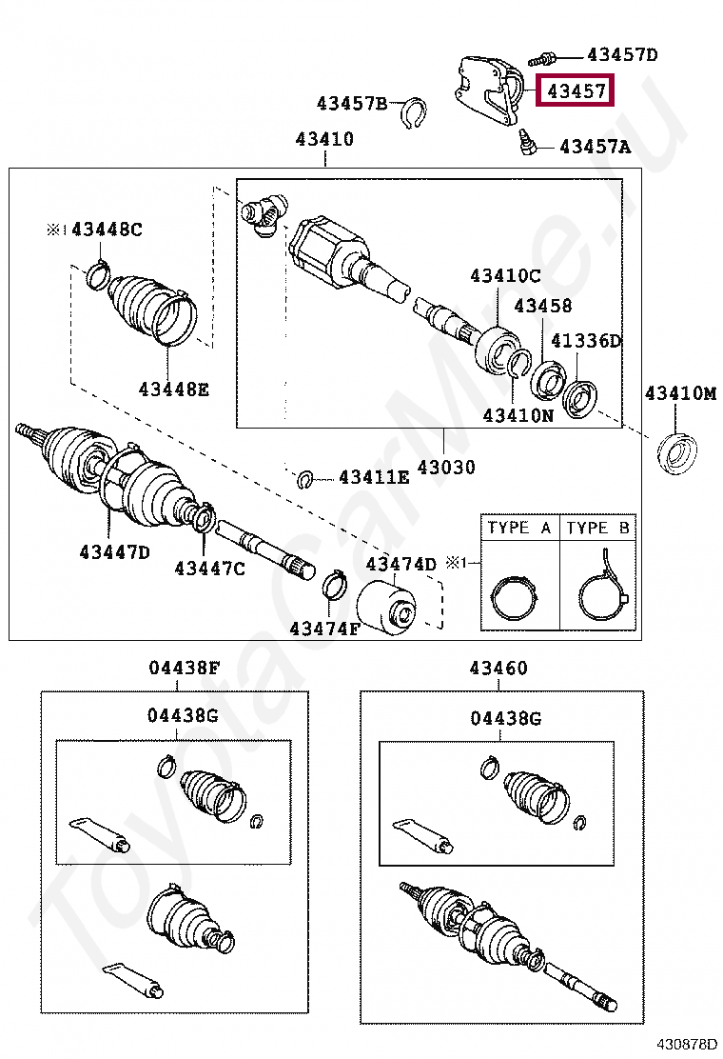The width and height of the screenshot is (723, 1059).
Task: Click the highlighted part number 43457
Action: pyautogui.click(x=576, y=92)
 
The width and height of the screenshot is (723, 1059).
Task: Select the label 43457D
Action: pyautogui.click(x=622, y=55)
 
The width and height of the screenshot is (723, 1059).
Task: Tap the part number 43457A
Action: pyautogui.click(x=595, y=147)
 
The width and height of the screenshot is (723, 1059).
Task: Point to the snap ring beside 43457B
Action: pyautogui.click(x=412, y=112)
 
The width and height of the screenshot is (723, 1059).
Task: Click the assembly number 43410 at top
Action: pyautogui.click(x=324, y=139)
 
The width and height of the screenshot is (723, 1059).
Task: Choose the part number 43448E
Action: pyautogui.click(x=173, y=389)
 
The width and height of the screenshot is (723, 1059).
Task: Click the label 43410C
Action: pyautogui.click(x=504, y=276)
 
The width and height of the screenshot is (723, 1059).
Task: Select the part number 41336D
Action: pyautogui.click(x=586, y=340)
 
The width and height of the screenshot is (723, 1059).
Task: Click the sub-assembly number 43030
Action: pyautogui.click(x=445, y=469)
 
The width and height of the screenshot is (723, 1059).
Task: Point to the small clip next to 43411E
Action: pyautogui.click(x=305, y=478)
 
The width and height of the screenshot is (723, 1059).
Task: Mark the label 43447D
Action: pyautogui.click(x=114, y=551)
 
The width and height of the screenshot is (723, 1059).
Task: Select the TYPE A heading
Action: pyautogui.click(x=519, y=528)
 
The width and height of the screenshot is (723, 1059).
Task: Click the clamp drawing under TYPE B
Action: pyautogui.click(x=600, y=593)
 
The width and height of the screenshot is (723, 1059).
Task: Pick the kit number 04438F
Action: pyautogui.click(x=185, y=669)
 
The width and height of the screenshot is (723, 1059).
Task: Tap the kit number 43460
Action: pyautogui.click(x=498, y=669)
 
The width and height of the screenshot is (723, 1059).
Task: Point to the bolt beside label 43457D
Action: pyautogui.click(x=552, y=58)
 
